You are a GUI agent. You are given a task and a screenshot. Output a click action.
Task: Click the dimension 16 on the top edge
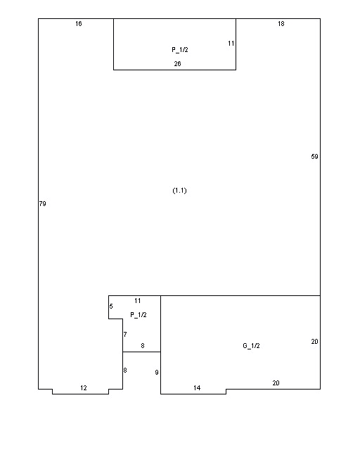coord(79,24)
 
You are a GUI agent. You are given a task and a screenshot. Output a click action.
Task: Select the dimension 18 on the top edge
coord(281,24)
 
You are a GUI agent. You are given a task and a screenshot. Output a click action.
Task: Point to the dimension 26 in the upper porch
coord(177,64)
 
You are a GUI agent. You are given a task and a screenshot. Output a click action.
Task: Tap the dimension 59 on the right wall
coord(314,157)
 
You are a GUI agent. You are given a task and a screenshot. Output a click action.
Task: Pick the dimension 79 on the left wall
coord(42,204)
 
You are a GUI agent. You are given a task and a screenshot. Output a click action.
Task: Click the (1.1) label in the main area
coord(180,191)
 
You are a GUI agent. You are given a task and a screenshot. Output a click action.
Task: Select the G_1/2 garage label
coord(251,346)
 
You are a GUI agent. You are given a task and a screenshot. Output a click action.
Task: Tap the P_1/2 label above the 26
coord(180,50)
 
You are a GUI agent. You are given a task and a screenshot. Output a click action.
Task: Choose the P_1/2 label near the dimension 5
coord(139,315)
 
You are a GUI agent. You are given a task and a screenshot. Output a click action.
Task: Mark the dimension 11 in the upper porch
coord(231,44)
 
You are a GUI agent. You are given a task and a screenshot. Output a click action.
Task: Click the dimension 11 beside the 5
coord(138,301)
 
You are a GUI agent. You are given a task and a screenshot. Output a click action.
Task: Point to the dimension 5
coord(111,307)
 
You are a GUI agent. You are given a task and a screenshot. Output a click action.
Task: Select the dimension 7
coord(125,335)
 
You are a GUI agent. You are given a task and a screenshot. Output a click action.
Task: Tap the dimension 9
coord(157,373)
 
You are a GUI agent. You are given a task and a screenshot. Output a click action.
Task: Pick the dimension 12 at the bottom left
coord(84,388)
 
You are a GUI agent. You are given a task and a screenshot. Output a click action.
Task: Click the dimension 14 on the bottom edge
coord(197,388)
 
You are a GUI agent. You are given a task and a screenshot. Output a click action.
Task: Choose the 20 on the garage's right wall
coord(314,342)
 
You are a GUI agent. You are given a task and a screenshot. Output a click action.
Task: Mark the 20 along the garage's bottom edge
coord(276,382)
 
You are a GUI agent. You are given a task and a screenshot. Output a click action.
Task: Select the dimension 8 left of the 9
coord(125,371)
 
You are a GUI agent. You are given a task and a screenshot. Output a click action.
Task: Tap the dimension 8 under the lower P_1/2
coord(143,346)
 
